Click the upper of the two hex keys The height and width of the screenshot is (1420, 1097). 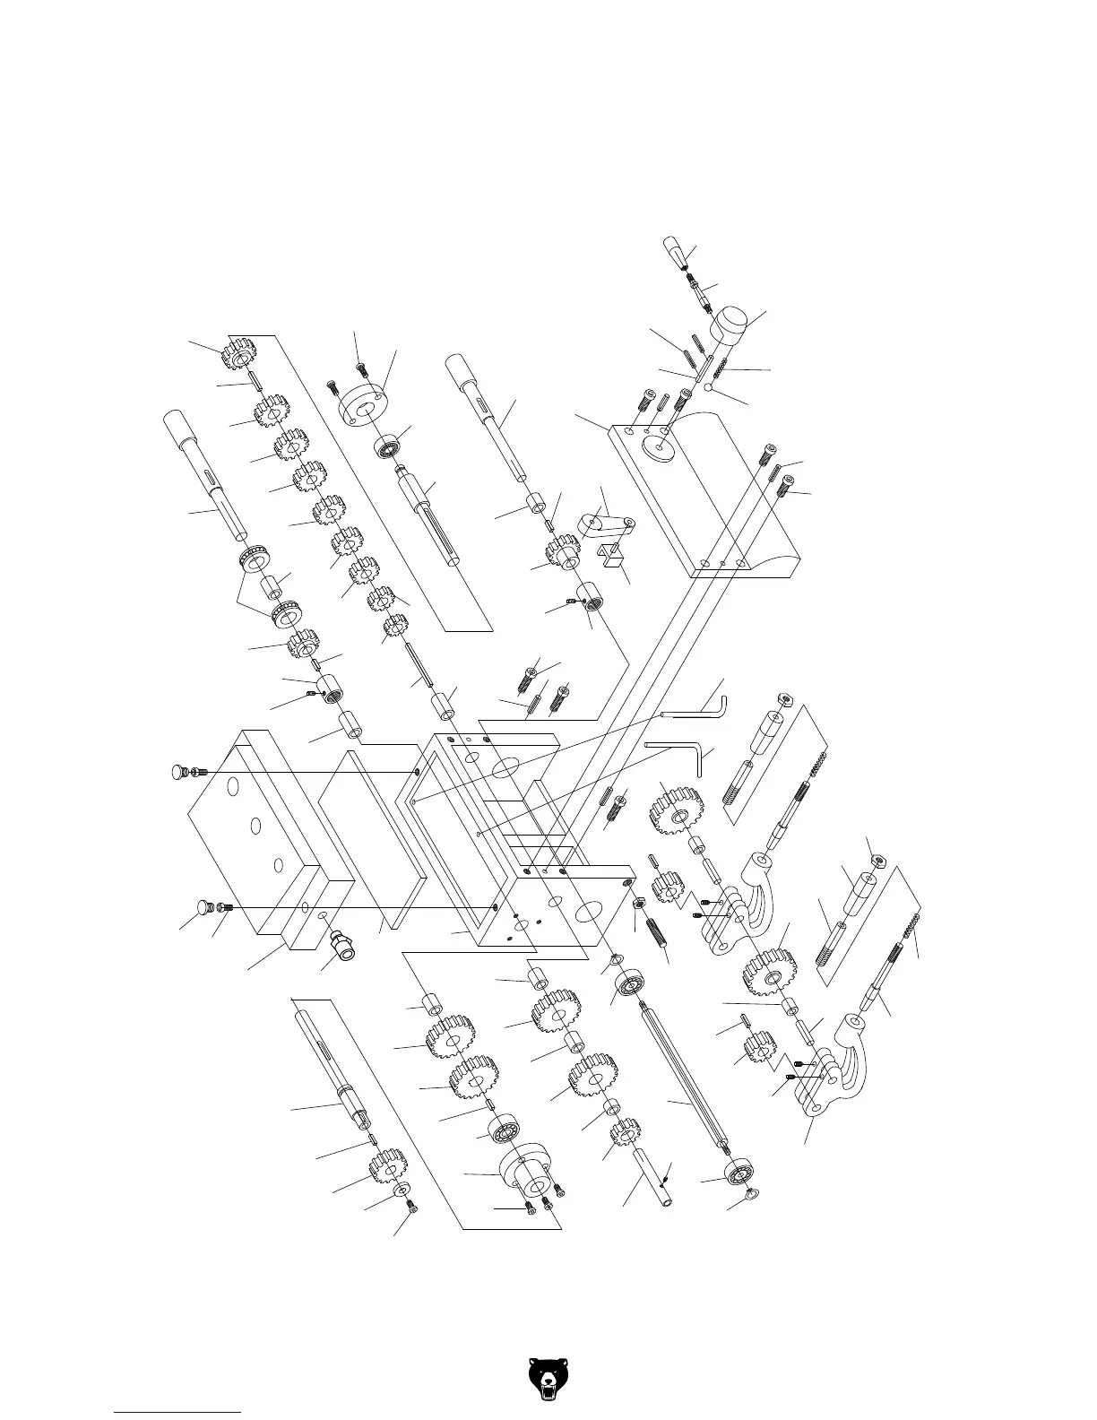(695, 708)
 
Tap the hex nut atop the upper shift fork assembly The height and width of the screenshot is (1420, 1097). (784, 697)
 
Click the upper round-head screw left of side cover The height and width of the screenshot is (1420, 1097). (180, 772)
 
